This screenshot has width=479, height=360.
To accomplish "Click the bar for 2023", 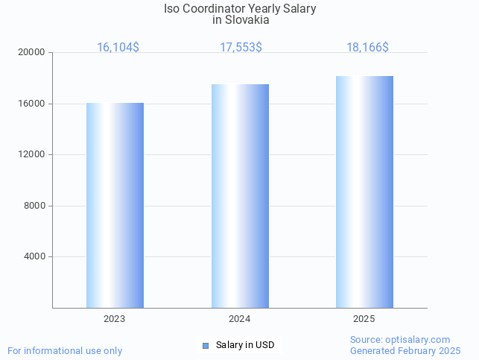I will click(115, 205).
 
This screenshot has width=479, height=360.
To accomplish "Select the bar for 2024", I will click(240, 196).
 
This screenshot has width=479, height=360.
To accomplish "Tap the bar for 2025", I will click(364, 192).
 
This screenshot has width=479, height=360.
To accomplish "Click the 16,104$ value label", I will click(118, 47).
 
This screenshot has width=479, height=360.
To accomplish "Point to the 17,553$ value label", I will click(241, 47).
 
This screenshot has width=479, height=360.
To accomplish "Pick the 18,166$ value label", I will click(367, 47).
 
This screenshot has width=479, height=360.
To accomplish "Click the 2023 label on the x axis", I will click(115, 319).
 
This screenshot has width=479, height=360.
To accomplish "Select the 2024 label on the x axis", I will click(240, 319).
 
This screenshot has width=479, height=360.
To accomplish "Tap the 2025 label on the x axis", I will click(364, 319).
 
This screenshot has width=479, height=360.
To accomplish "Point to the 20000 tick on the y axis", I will click(33, 53).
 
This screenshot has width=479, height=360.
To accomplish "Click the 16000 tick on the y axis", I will click(33, 104).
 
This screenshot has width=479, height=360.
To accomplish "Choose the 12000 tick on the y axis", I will click(33, 155).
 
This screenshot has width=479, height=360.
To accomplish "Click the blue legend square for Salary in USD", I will click(206, 345).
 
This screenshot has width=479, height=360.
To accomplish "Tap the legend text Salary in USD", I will click(245, 345).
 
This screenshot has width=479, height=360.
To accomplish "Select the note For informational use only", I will click(65, 350).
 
